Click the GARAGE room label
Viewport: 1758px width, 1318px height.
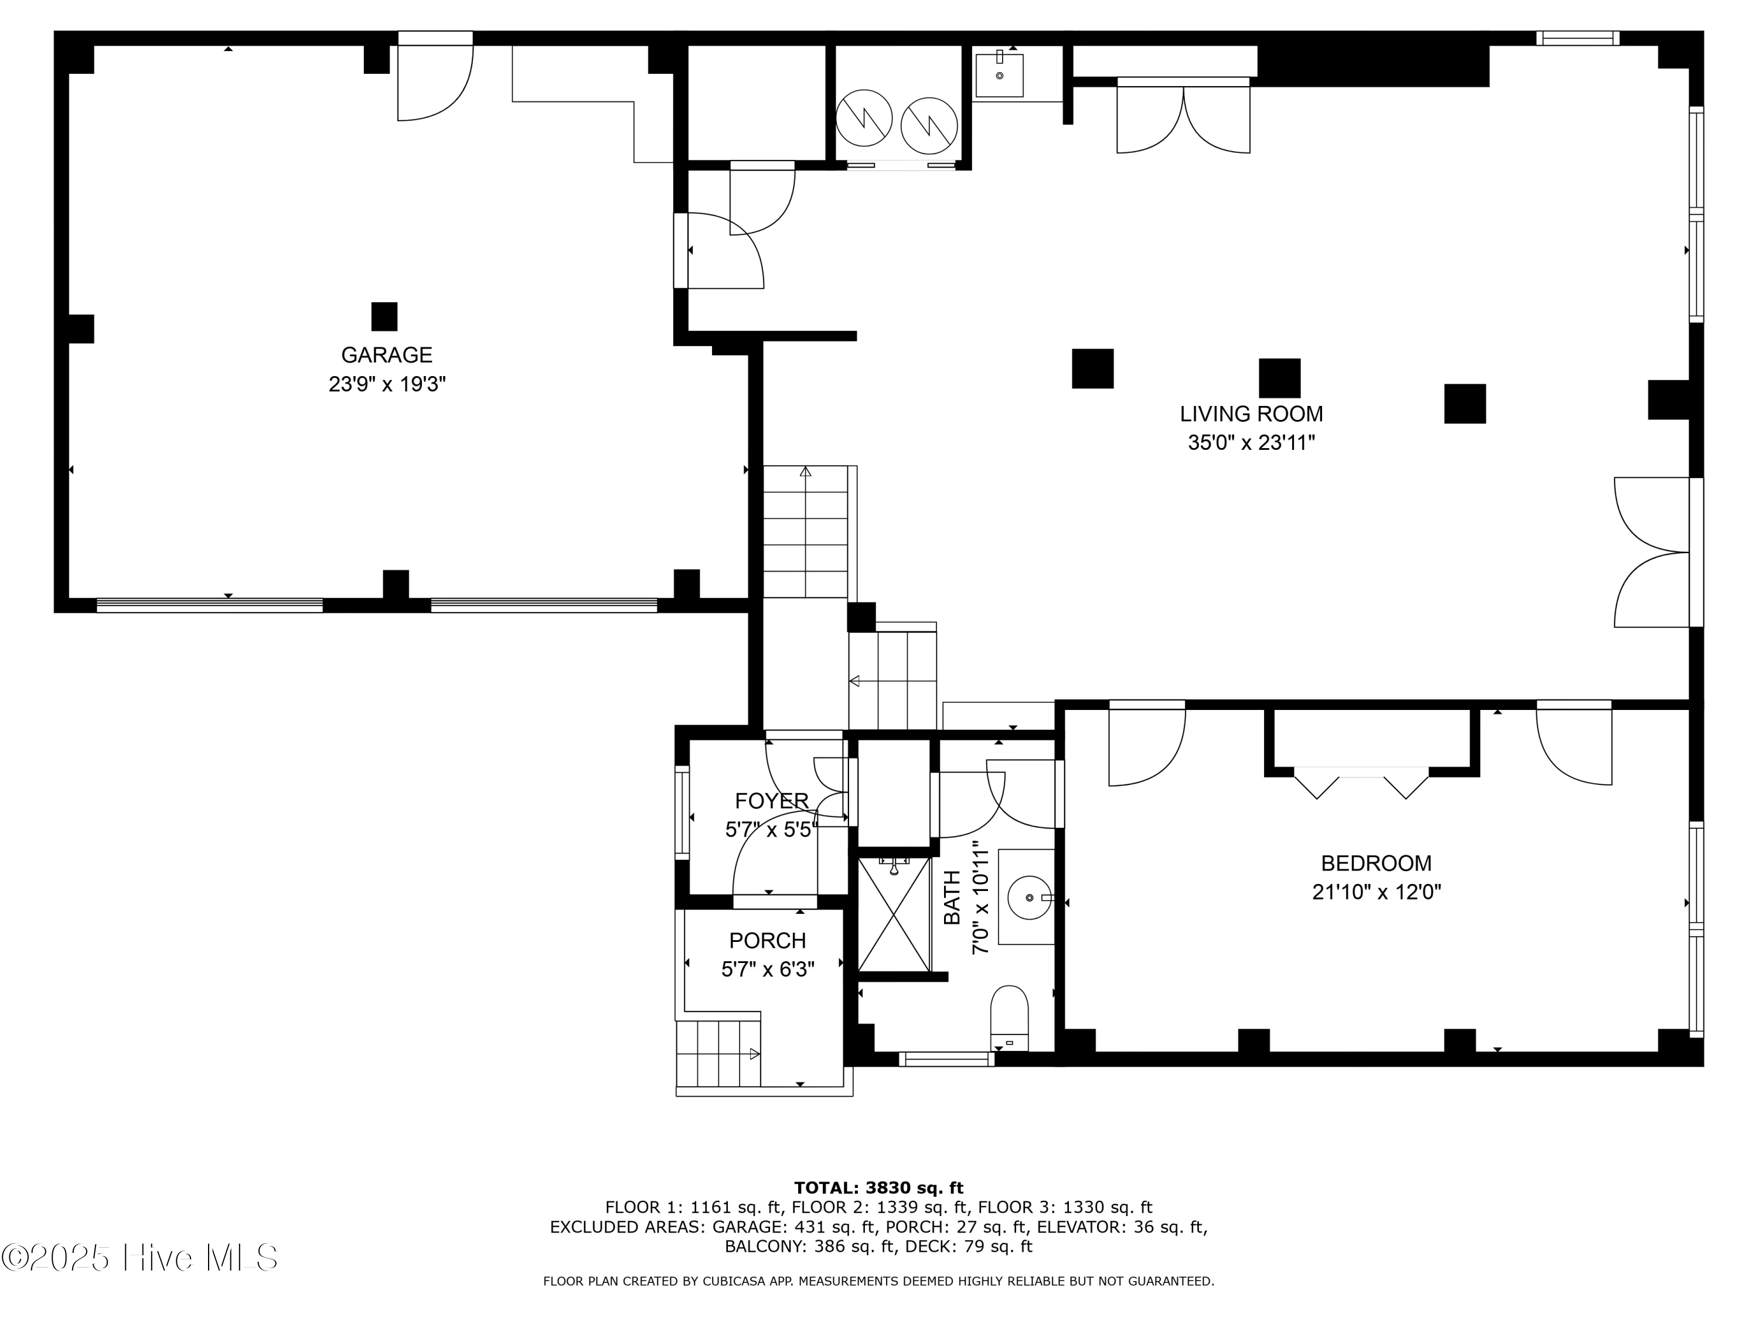(386, 354)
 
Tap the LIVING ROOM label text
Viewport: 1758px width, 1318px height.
(1251, 414)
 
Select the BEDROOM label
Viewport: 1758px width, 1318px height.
(1377, 863)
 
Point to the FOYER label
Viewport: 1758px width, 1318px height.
(771, 801)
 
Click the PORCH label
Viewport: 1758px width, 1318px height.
(768, 941)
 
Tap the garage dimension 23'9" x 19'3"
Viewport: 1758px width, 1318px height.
(387, 384)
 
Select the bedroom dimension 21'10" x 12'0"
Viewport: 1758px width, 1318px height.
(1377, 892)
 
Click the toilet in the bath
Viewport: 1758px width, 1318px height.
(1009, 1019)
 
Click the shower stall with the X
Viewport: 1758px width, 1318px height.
(894, 914)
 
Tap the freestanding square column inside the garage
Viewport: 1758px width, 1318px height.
(384, 316)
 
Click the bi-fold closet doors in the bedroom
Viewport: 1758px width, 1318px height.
(1361, 783)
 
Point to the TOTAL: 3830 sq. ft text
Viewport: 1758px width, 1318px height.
(879, 1188)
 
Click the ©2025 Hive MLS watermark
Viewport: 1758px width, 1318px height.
(140, 1258)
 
